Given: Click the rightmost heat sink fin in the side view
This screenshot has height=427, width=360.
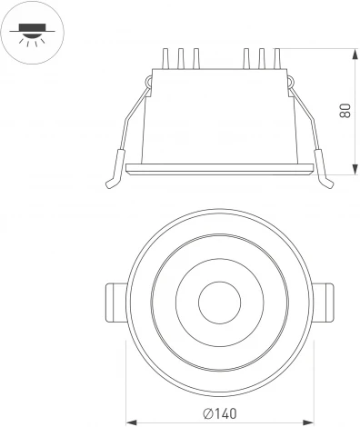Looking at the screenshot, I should (x=275, y=59).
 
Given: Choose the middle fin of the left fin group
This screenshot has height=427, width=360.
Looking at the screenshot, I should (x=181, y=59).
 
